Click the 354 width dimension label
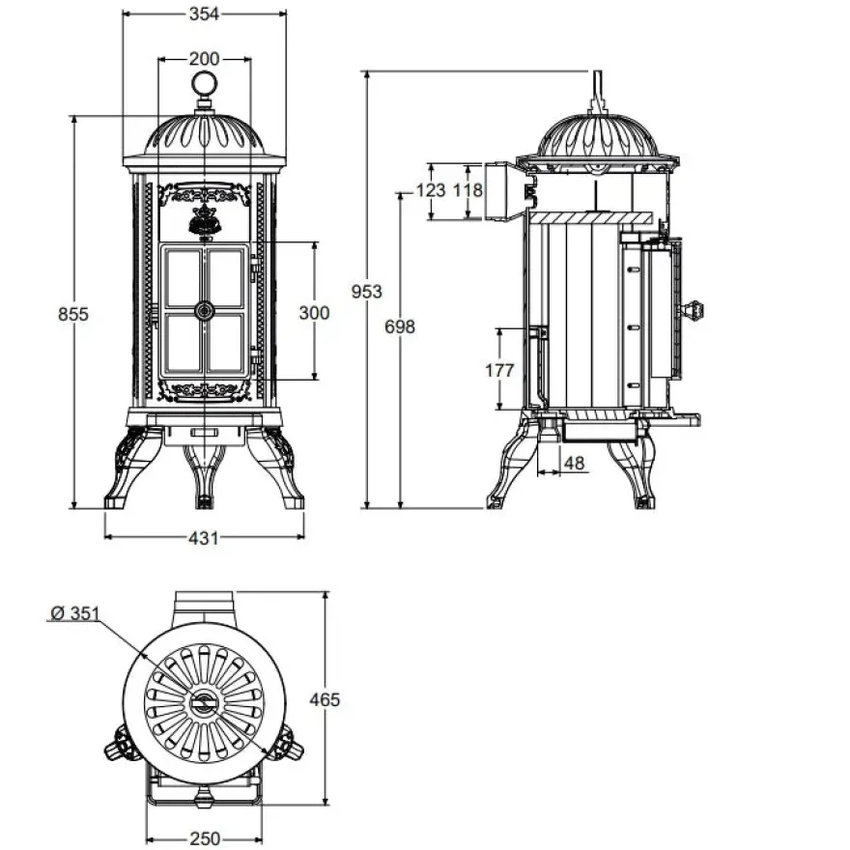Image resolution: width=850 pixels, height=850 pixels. coord(204,14)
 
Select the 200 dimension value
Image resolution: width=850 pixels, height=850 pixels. coord(204,59)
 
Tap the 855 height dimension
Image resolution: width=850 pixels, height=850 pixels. coord(73,314)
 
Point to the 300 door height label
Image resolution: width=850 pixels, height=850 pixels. coord(315,313)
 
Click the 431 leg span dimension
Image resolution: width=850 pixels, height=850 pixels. coord(204,538)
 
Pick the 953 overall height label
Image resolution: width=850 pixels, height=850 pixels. coord(366,292)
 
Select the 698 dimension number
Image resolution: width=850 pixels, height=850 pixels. coord(400,326)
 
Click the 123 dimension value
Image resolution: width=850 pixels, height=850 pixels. coord(431,190)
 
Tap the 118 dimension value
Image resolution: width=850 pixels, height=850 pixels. coord(467,190)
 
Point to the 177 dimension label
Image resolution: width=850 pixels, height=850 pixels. coord(499,370)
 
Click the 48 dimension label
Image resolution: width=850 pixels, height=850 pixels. coord(574,463)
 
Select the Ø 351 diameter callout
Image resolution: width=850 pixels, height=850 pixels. coord(75,613)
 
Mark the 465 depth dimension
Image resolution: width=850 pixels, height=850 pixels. coord(325,700)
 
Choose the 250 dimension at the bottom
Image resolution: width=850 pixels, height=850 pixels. coord(205,838)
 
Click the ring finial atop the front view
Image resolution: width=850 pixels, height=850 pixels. coord(205,85)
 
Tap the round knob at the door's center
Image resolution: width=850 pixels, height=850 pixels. coord(205,311)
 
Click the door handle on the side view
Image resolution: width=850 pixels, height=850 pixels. coord(693,311)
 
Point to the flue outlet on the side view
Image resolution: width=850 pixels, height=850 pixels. coord(498,191)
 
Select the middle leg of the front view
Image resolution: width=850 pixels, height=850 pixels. coord(204,476)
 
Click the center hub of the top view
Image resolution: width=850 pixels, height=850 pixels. coord(205,703)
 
